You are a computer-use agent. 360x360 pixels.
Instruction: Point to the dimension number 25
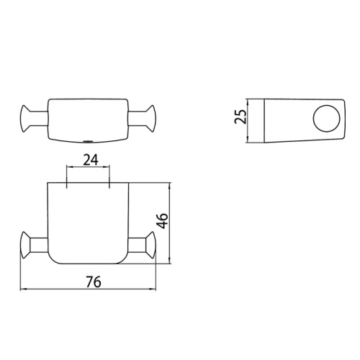242,116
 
